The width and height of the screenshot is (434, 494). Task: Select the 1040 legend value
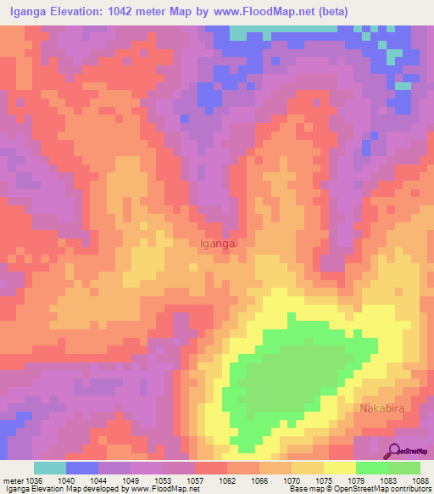pos(66,480)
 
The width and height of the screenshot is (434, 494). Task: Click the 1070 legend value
pos(293,480)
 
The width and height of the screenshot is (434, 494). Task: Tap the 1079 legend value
pos(357,480)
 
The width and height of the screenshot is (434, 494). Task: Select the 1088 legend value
pos(421,480)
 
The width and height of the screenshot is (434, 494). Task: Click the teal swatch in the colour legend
pos(50,468)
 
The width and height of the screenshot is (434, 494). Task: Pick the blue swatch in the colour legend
pos(82,468)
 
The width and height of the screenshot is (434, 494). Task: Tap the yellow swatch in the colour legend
pos(339,468)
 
